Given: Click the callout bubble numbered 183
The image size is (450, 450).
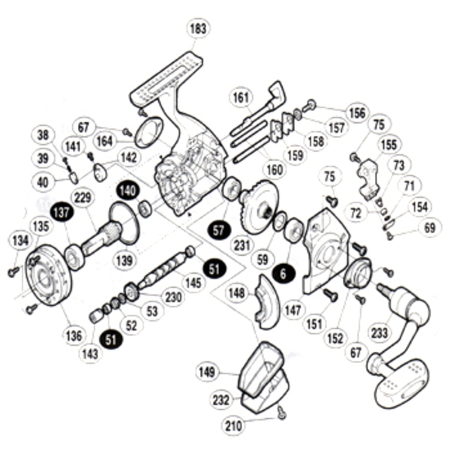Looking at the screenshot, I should (x=198, y=29).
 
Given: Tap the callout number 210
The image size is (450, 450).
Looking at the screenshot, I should (x=235, y=425).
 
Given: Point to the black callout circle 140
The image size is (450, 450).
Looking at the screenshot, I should (x=127, y=190).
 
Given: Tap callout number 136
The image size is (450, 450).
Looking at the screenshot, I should (x=73, y=334).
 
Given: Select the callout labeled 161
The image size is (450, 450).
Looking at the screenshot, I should (x=241, y=97).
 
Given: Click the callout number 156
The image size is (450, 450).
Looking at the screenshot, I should (x=357, y=112).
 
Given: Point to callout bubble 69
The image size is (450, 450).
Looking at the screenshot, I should (x=429, y=226).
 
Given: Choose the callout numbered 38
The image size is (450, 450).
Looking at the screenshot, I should (x=43, y=136).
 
